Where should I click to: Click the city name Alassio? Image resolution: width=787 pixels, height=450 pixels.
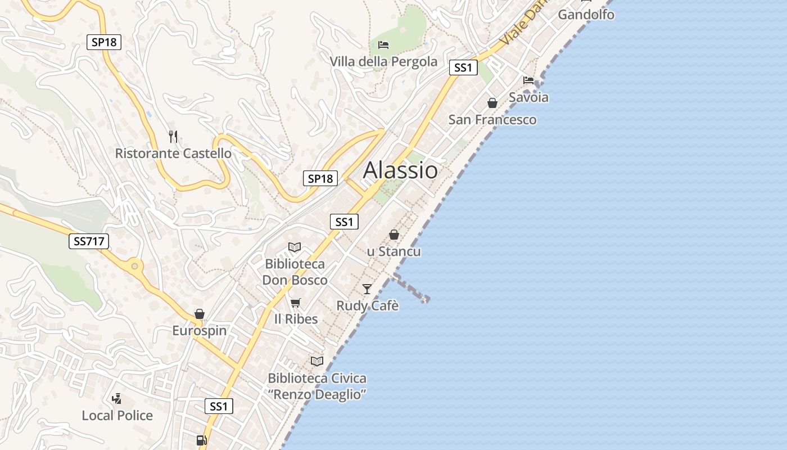[400, 170]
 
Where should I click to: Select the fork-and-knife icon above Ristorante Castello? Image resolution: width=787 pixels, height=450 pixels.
[173, 136]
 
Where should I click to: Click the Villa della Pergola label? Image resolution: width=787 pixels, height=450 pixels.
[383, 61]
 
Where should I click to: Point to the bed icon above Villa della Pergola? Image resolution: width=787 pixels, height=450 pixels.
[383, 44]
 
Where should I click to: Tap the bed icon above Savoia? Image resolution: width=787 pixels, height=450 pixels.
[528, 80]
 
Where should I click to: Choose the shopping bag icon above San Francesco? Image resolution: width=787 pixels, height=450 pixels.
[492, 103]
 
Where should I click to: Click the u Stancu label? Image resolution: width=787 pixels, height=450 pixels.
[393, 251]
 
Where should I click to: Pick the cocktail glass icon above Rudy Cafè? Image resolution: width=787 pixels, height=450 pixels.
[367, 289]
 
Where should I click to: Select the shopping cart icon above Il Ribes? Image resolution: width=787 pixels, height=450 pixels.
[296, 303]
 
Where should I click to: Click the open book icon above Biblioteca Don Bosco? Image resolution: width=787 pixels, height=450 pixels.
[295, 247]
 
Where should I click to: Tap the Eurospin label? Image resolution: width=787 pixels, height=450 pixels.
[200, 330]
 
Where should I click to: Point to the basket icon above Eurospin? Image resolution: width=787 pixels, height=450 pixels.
[200, 314]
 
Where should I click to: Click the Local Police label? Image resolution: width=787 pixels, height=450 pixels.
[117, 416]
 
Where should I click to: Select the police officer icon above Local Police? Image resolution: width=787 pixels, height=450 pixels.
[117, 399]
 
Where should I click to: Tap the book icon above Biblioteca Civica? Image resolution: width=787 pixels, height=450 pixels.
[317, 361]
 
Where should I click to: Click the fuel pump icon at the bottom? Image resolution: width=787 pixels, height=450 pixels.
[201, 440]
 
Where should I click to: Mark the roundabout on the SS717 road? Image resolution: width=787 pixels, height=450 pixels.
[134, 266]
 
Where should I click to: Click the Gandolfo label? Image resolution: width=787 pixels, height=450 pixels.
[586, 15]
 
